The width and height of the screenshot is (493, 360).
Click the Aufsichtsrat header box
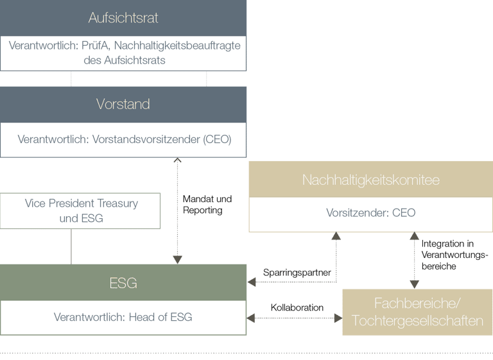point(123,18)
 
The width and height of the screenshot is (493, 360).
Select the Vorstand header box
point(123,105)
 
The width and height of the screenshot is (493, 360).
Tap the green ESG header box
point(123,282)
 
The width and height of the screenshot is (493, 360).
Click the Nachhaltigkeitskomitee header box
point(370,180)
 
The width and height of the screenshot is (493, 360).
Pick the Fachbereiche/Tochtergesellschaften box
point(417,313)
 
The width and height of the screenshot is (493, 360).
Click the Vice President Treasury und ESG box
point(80,210)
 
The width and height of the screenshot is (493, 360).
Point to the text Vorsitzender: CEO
point(370,213)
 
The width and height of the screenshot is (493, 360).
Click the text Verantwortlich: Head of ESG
point(123,317)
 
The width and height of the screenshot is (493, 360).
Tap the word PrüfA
point(95,46)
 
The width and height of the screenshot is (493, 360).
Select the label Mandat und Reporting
point(207,204)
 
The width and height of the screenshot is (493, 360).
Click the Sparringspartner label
point(297,272)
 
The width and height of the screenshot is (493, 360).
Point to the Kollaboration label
point(297,307)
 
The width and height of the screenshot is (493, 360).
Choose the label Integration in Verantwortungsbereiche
point(454,255)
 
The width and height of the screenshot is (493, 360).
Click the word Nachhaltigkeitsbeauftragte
point(177,46)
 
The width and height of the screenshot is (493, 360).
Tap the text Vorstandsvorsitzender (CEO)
point(162,139)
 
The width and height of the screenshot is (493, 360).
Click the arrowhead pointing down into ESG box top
point(178,260)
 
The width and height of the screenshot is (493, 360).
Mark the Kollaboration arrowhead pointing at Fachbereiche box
point(338,318)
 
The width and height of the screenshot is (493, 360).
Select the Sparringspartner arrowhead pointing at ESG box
point(252,282)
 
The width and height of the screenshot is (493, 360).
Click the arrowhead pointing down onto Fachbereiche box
point(415,285)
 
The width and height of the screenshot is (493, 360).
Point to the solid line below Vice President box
point(71,246)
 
